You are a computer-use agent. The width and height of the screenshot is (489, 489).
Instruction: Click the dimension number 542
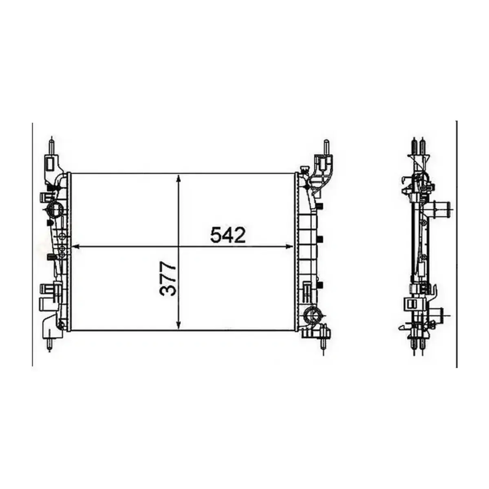pyautogui.click(x=228, y=235)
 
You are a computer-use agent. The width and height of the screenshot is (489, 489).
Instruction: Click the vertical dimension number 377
pyautogui.click(x=168, y=279)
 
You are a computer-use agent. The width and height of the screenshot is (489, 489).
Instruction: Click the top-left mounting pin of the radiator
pyautogui.click(x=51, y=145)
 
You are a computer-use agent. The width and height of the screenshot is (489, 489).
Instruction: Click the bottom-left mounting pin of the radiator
pyautogui.click(x=49, y=343)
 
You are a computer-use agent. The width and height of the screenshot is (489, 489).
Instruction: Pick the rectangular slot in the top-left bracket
pyautogui.click(x=50, y=164)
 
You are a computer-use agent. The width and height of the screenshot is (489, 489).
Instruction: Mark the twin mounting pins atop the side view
pyautogui.click(x=418, y=144)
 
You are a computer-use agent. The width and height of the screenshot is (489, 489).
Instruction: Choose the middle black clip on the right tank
pyautogui.click(x=320, y=238)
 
